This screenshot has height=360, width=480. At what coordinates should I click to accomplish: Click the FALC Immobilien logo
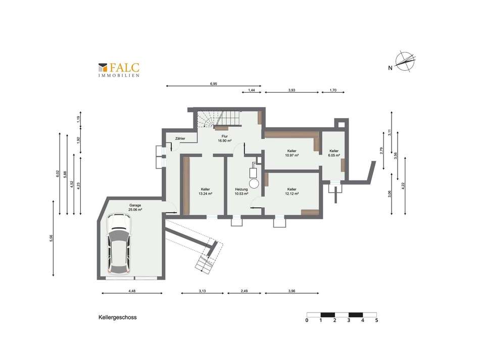(119, 69)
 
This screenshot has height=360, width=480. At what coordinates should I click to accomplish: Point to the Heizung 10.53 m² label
(242, 191)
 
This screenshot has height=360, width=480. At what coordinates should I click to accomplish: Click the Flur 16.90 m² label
(224, 139)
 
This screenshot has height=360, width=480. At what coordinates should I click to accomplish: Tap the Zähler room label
(180, 138)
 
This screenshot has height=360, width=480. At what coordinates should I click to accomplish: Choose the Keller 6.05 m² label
(334, 153)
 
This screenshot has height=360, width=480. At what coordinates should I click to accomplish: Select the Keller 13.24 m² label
(205, 191)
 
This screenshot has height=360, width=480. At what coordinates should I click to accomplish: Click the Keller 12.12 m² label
(292, 191)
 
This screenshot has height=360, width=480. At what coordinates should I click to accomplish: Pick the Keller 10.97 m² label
(292, 153)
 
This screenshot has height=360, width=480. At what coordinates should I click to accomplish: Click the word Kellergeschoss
(118, 318)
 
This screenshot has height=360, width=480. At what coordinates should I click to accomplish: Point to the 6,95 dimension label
(213, 83)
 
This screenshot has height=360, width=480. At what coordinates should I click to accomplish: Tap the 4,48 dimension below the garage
(132, 291)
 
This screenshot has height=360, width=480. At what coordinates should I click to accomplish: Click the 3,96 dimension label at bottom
(292, 291)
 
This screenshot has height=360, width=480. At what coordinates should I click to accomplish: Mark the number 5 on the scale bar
(376, 320)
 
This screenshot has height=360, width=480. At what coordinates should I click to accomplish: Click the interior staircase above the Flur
(217, 119)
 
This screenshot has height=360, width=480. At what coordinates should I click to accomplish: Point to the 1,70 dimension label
(332, 90)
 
